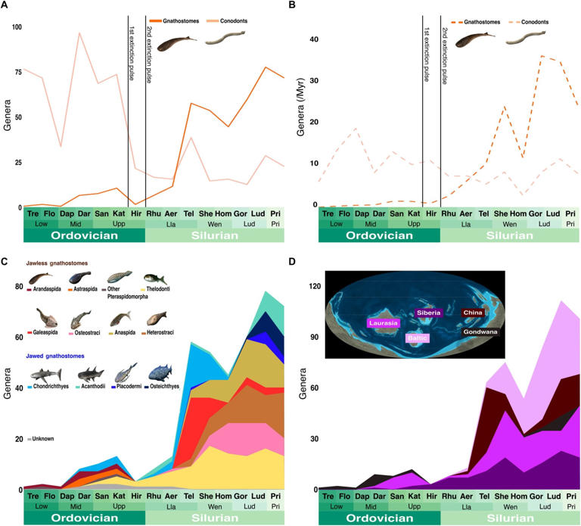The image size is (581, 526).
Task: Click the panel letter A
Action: (5, 7)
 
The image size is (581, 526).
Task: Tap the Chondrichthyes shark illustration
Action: (47, 373)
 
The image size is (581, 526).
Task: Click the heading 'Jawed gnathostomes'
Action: (64, 355)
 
